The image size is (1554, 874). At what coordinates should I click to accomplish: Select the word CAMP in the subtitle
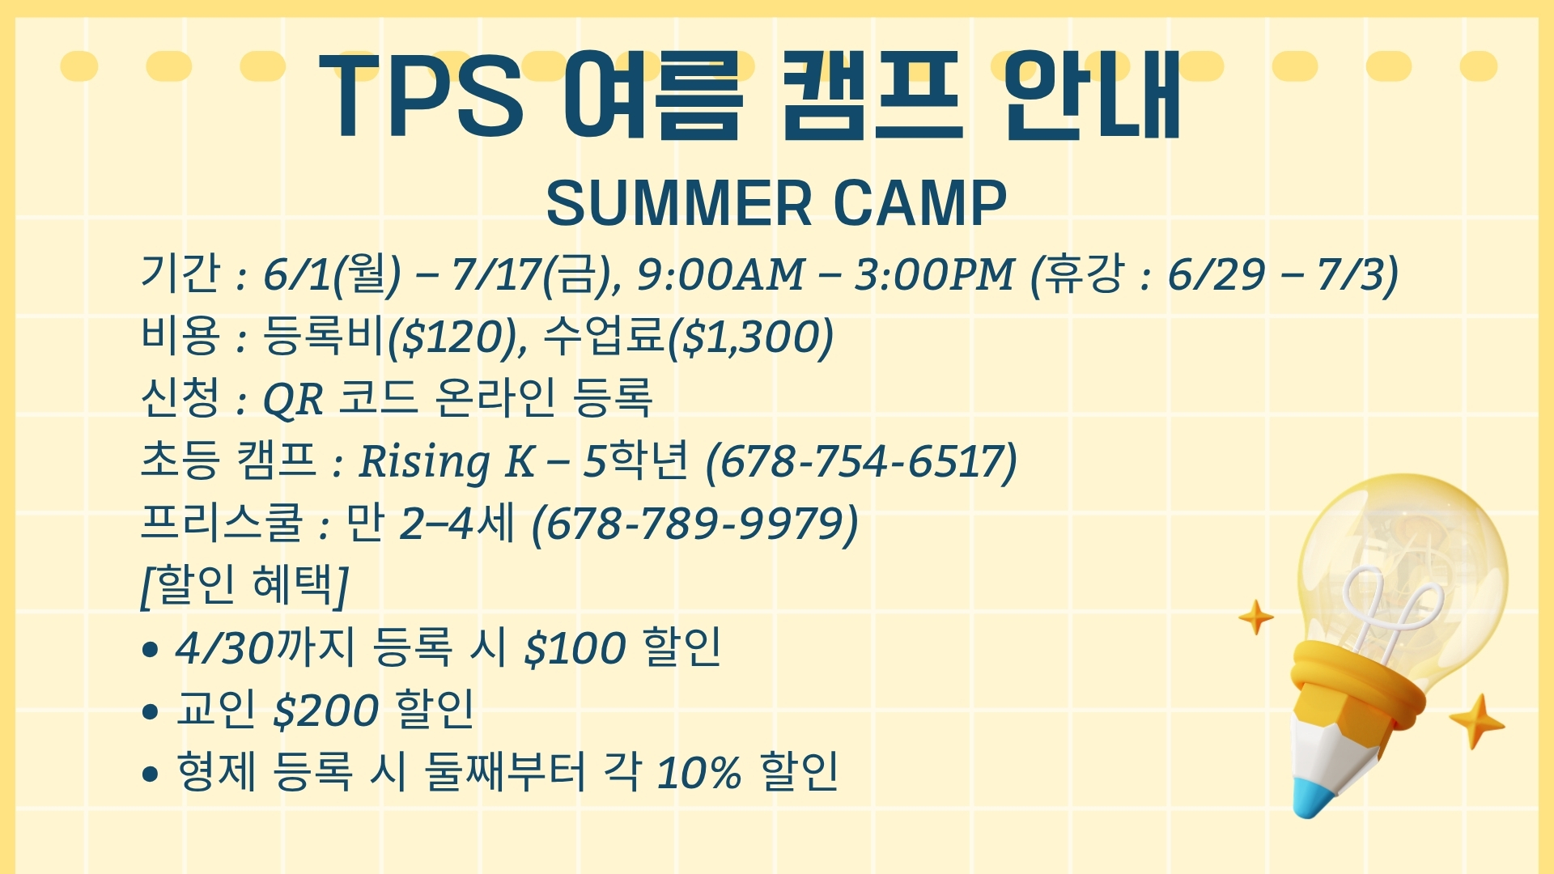tap(920, 203)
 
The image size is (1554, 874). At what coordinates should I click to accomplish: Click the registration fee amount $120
tap(452, 337)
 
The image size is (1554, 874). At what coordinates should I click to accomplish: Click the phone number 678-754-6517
tap(861, 461)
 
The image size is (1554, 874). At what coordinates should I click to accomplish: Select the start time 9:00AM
tap(721, 275)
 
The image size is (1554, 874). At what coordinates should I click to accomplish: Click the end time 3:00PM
tap(935, 275)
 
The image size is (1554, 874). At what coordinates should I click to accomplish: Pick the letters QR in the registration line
tap(293, 399)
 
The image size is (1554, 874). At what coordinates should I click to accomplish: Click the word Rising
tap(424, 463)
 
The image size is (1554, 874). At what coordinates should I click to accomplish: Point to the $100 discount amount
tap(575, 648)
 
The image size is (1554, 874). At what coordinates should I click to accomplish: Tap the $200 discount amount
tap(326, 711)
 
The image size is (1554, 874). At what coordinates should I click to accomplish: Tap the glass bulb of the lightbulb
tap(1405, 566)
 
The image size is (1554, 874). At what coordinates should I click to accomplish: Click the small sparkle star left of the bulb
tap(1256, 617)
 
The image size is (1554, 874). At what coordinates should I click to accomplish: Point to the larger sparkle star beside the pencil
tap(1477, 721)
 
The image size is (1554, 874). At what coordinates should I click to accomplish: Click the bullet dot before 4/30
tap(149, 650)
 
